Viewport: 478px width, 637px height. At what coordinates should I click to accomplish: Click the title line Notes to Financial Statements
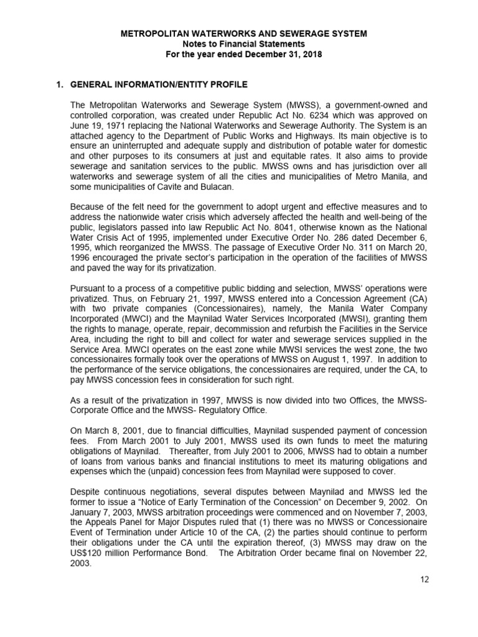point(243,44)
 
